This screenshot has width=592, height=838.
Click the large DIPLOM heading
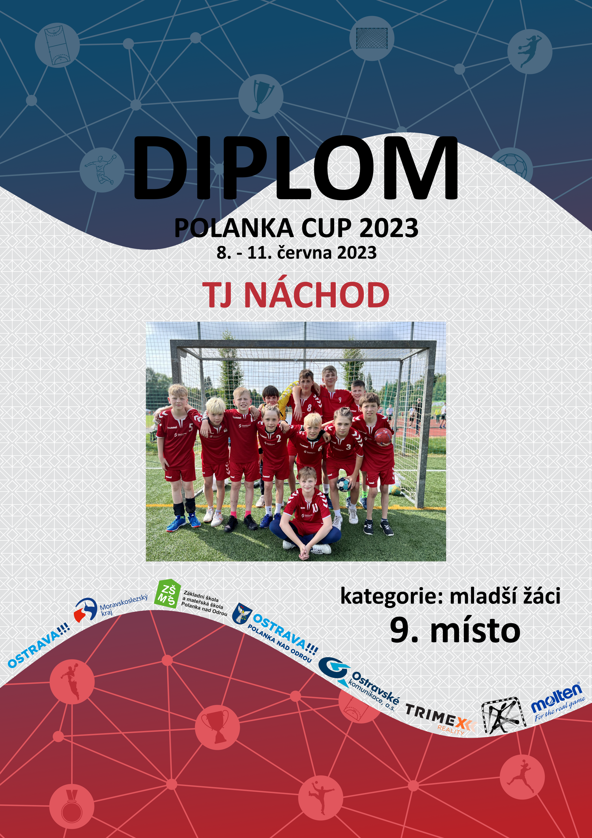(x=296, y=168)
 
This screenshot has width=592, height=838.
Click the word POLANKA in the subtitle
(x=234, y=228)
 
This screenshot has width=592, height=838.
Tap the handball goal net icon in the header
(x=372, y=38)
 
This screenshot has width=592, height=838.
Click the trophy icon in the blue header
(x=261, y=96)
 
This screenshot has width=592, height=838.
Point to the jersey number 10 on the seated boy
(x=314, y=507)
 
